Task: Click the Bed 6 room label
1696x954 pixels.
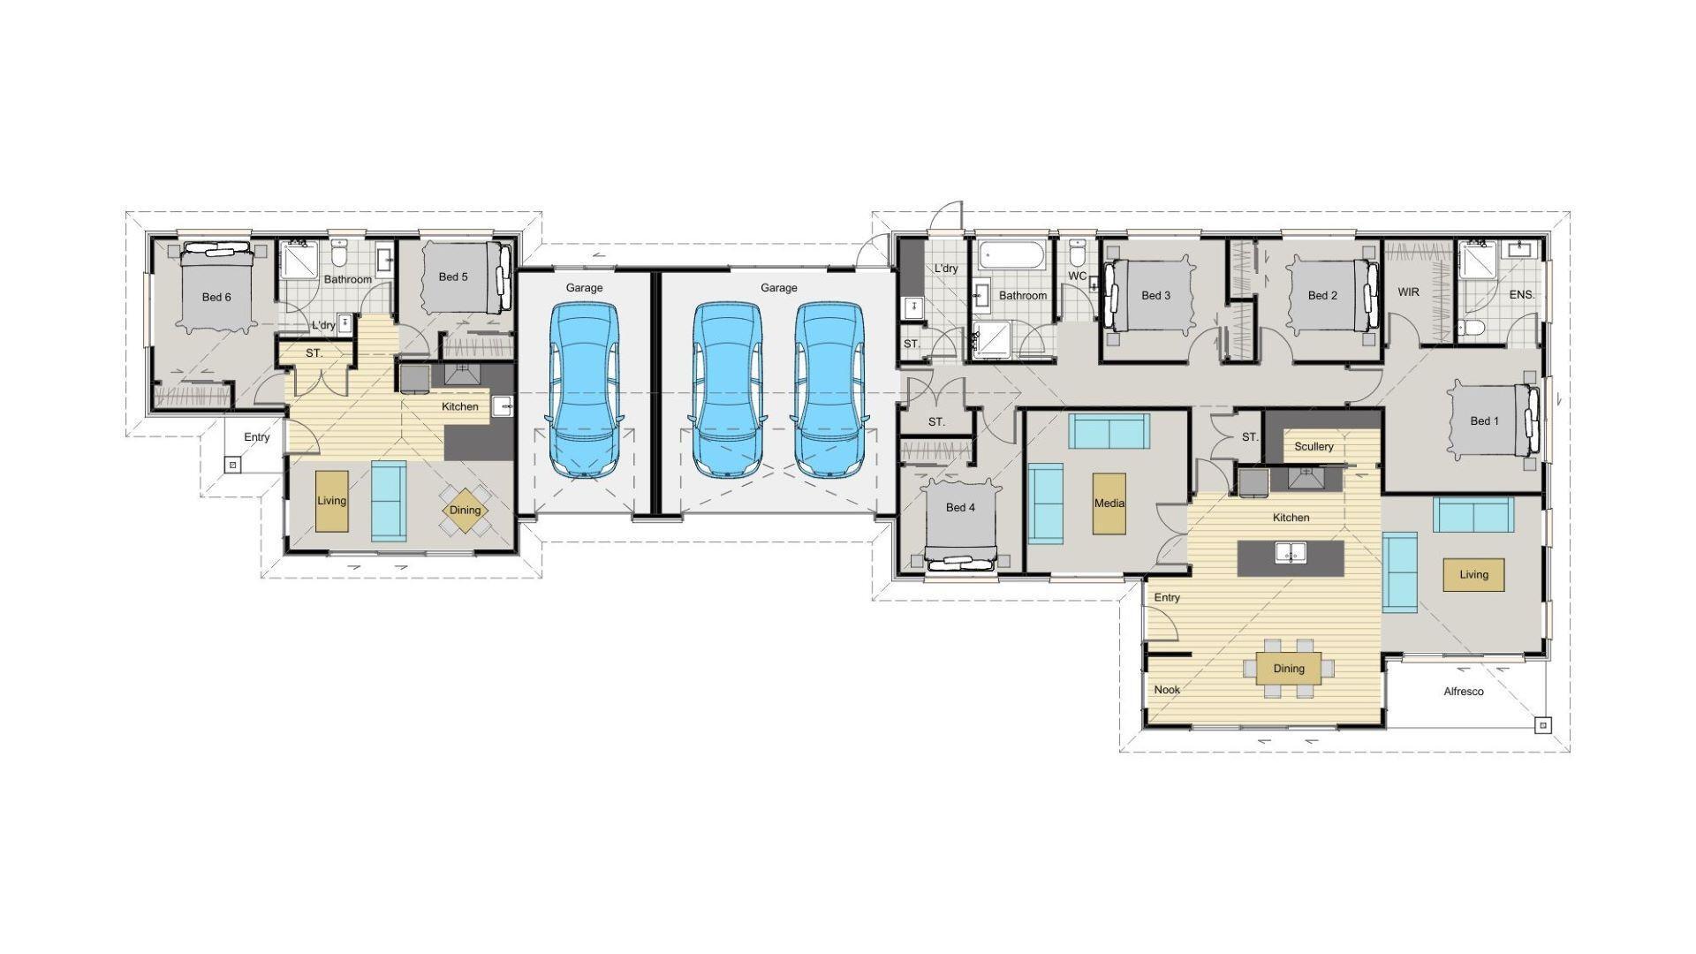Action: tap(216, 297)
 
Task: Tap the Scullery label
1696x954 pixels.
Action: tap(1314, 446)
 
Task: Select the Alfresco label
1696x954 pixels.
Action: tap(1463, 692)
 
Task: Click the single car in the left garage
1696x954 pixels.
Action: tap(584, 389)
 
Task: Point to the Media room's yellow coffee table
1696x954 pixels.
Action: tap(1109, 503)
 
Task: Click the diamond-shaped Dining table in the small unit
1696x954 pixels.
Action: tap(465, 510)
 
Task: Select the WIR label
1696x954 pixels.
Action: tap(1408, 292)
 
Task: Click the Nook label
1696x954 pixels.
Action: tap(1167, 690)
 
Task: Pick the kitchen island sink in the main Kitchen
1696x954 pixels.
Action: tap(1291, 553)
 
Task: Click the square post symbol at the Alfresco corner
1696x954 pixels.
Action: tap(1542, 725)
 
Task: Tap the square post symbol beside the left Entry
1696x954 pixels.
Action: tap(231, 464)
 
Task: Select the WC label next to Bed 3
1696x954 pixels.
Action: tap(1077, 276)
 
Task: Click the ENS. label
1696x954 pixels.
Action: tap(1521, 295)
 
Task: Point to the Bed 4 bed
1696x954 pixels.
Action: tap(960, 521)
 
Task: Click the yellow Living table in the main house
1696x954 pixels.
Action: tap(1473, 575)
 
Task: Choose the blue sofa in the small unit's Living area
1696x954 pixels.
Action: tap(389, 500)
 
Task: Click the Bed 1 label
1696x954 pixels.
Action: tap(1484, 421)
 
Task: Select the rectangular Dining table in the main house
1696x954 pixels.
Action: tap(1289, 669)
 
